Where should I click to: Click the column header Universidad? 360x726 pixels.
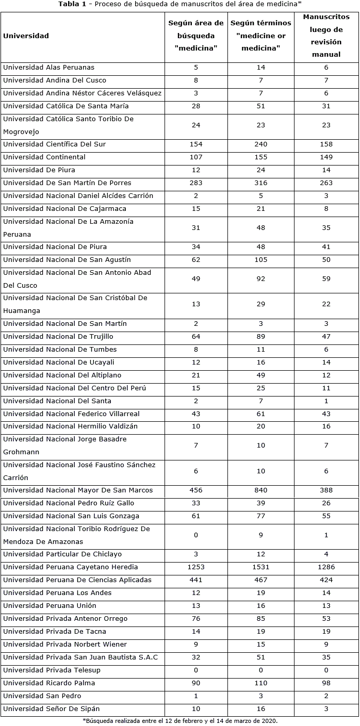coord(26,36)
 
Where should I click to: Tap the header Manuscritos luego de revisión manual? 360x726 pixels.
coord(326,36)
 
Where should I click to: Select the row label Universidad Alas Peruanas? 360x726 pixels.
coord(49,68)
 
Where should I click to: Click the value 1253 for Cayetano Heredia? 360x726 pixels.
coord(196,567)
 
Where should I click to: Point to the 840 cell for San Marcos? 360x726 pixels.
coord(261,490)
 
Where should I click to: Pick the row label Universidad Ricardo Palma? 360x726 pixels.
coord(49,683)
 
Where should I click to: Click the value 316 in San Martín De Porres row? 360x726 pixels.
coord(261,183)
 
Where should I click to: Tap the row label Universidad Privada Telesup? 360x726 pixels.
coord(52,670)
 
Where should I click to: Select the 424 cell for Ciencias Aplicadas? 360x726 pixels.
coord(326,580)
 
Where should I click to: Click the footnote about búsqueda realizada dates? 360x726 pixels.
coord(180,720)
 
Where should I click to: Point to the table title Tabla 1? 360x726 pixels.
coord(180,4)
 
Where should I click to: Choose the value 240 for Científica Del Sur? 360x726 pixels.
coord(261,144)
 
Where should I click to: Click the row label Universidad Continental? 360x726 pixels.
coord(44,157)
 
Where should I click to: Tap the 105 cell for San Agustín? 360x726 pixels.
coord(261,260)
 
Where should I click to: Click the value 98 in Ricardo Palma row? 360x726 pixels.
coord(326,683)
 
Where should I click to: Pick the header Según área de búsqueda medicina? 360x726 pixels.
coord(196,36)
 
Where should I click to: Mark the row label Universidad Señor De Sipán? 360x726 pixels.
coord(52,709)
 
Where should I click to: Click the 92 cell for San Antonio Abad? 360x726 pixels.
coord(261,279)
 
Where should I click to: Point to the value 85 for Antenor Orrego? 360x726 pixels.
coord(261,619)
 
